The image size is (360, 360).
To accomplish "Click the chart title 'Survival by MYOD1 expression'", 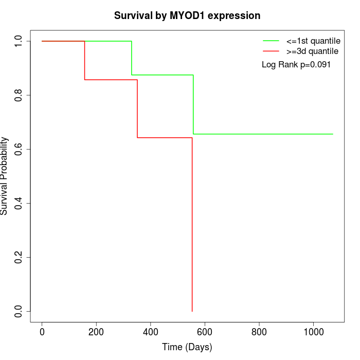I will pos(187,16).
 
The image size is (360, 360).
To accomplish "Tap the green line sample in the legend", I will pos(271,41).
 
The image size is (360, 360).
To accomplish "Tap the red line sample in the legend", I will pos(271,51).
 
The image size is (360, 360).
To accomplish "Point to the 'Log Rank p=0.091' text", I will pos(296,65).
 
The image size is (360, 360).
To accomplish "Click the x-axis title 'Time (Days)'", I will pos(187,347).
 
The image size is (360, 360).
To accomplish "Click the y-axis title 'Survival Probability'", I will pos(5,176).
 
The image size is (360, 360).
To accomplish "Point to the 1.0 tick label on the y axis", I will pos(19,41).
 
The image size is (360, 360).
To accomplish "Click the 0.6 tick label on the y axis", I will pos(19,149).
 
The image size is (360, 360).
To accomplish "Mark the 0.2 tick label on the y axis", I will pos(19,257).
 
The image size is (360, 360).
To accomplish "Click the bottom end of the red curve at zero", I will pos(192,311).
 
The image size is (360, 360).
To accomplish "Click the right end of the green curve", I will pos(333,134).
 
